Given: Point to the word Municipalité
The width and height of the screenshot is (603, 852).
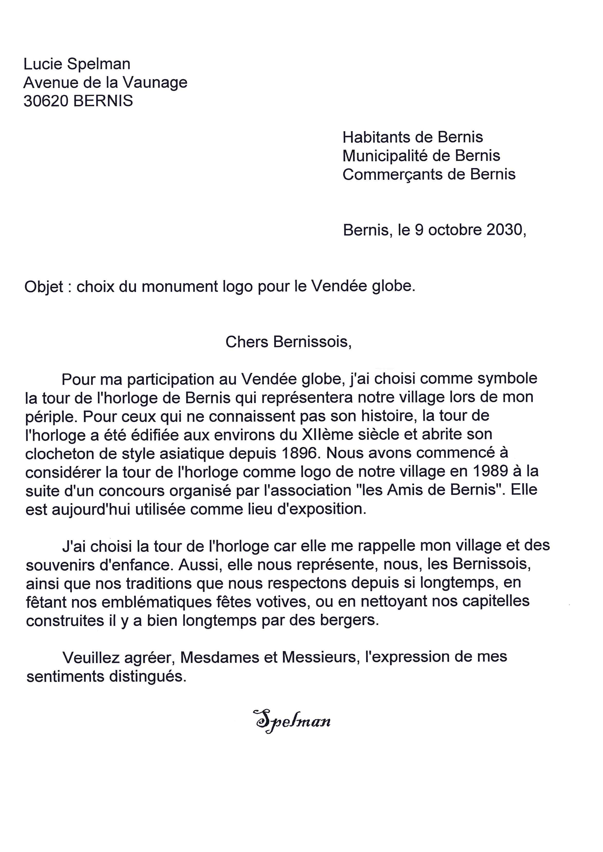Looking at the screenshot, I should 384,156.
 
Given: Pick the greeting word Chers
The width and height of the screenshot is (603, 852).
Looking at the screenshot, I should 247,342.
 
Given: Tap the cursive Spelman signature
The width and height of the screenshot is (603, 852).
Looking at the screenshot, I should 292,720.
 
